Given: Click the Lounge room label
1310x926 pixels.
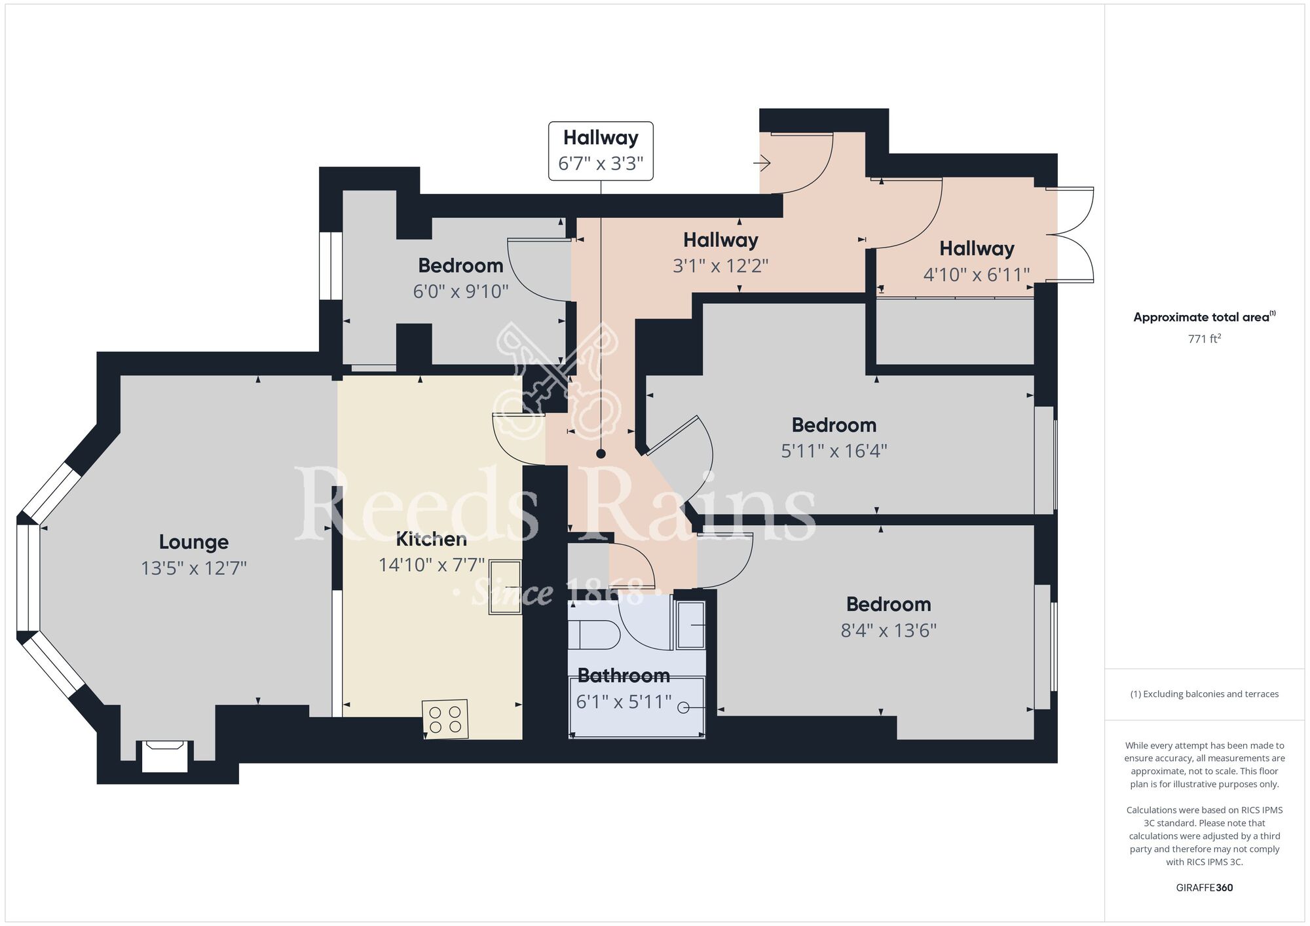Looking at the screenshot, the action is pos(194,542).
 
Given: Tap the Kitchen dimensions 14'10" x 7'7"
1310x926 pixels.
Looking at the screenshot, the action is pos(432,565).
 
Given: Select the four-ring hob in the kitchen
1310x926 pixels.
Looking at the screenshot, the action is pos(445,719).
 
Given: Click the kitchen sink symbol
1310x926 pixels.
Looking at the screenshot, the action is pos(505,587).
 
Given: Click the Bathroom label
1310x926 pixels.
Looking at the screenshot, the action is pos(624,675).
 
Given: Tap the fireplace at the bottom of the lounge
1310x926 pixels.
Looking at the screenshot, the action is pos(165,756).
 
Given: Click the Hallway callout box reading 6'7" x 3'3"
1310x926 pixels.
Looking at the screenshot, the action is pos(601,151).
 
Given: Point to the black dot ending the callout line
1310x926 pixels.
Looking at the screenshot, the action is pos(601,454).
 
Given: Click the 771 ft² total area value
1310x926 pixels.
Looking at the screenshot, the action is pos(1205,339).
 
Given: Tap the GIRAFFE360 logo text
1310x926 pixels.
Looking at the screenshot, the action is pos(1205,888).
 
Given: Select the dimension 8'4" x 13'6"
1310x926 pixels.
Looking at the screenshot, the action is pos(889,631).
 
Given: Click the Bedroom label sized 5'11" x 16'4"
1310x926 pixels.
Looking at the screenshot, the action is pos(834,425).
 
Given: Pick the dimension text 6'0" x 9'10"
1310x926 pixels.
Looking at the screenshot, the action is pos(460,291).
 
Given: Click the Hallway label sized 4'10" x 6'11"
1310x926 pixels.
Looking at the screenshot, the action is pos(977,249).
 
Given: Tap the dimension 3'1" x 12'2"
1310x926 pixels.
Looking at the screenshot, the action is pos(720,266).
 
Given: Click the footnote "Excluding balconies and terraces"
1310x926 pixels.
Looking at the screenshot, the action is pos(1205,694).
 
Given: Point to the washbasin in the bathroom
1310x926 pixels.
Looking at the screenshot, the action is pos(690,625).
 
